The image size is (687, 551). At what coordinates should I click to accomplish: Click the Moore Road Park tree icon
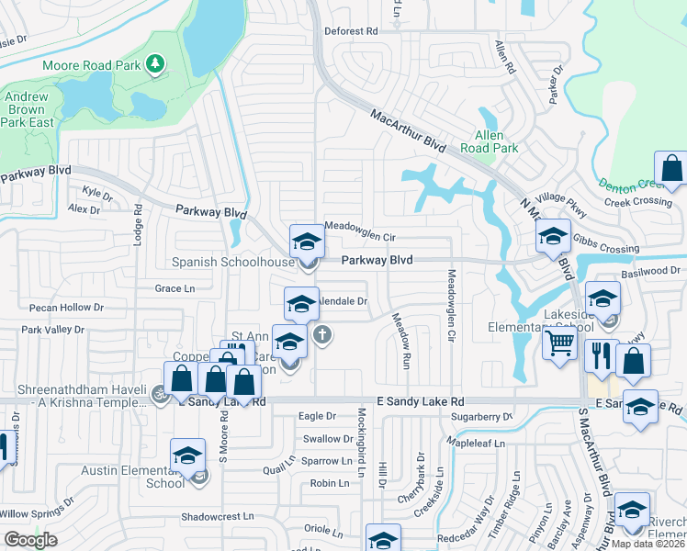coord(156,63)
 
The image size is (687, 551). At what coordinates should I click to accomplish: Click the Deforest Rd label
coord(352,30)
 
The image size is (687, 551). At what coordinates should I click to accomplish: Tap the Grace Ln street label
coord(175,288)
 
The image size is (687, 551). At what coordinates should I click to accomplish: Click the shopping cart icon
coord(559,344)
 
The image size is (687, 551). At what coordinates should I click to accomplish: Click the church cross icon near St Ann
coord(321,334)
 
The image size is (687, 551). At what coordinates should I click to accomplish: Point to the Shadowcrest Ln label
coord(217,516)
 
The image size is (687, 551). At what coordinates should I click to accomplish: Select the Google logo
coord(30,539)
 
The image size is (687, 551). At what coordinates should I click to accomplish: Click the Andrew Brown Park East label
coord(28,109)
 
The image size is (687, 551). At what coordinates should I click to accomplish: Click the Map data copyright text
coord(648,543)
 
